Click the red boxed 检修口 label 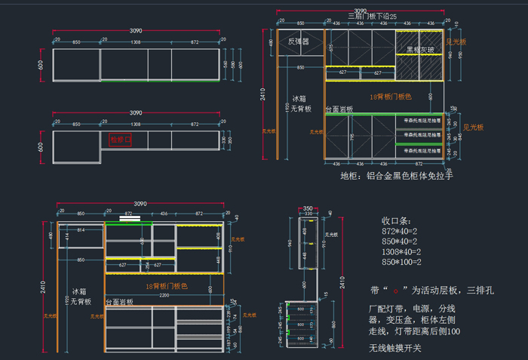121,140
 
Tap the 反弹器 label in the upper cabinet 299,42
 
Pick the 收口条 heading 398,222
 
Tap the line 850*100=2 404,262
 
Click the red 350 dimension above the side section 307,208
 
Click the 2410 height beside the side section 343,282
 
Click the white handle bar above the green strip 130,218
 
